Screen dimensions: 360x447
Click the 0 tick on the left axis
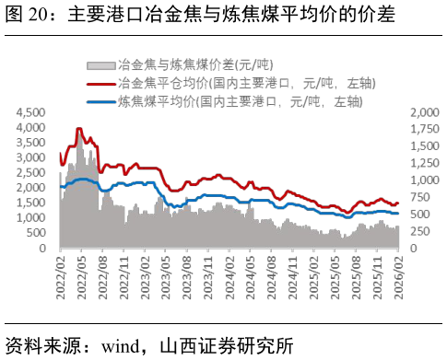click(x=42, y=249)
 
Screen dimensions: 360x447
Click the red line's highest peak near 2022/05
click(x=79, y=129)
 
